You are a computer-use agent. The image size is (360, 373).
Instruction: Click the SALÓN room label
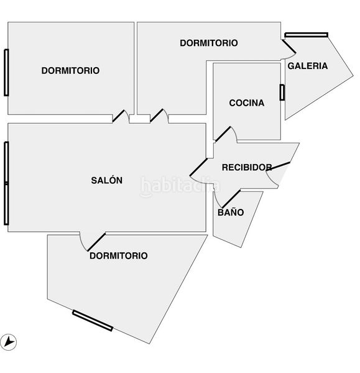(x=106, y=180)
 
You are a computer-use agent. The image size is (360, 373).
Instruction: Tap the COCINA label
(x=246, y=103)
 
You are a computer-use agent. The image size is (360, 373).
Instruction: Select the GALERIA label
(x=307, y=66)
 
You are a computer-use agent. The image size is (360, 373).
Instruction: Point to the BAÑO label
(x=231, y=212)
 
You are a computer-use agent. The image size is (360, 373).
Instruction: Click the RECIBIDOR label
(x=247, y=167)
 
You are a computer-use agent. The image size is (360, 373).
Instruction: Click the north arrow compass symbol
(x=8, y=343)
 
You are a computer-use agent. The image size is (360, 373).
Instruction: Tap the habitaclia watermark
(x=180, y=186)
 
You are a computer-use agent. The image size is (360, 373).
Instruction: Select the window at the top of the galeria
(x=307, y=35)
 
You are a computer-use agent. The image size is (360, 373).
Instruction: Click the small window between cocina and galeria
(x=282, y=92)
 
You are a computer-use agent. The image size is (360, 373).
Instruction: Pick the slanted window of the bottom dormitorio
(x=93, y=320)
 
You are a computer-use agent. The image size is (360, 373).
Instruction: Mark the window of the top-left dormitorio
(x=6, y=73)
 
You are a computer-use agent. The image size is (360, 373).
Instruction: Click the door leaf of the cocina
(x=223, y=134)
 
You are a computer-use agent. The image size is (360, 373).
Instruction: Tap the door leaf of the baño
(x=231, y=199)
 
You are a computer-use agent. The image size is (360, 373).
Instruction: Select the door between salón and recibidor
(x=199, y=167)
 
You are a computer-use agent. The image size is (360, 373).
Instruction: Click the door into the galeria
(x=289, y=47)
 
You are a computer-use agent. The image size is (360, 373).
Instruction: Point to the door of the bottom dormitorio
(x=96, y=242)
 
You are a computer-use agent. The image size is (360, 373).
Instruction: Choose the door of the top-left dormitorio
(x=118, y=116)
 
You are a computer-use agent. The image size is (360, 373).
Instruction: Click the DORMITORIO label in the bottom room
(x=119, y=256)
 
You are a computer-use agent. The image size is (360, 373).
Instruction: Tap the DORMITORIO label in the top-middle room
(x=209, y=43)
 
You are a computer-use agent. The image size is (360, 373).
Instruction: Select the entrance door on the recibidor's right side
(x=278, y=167)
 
